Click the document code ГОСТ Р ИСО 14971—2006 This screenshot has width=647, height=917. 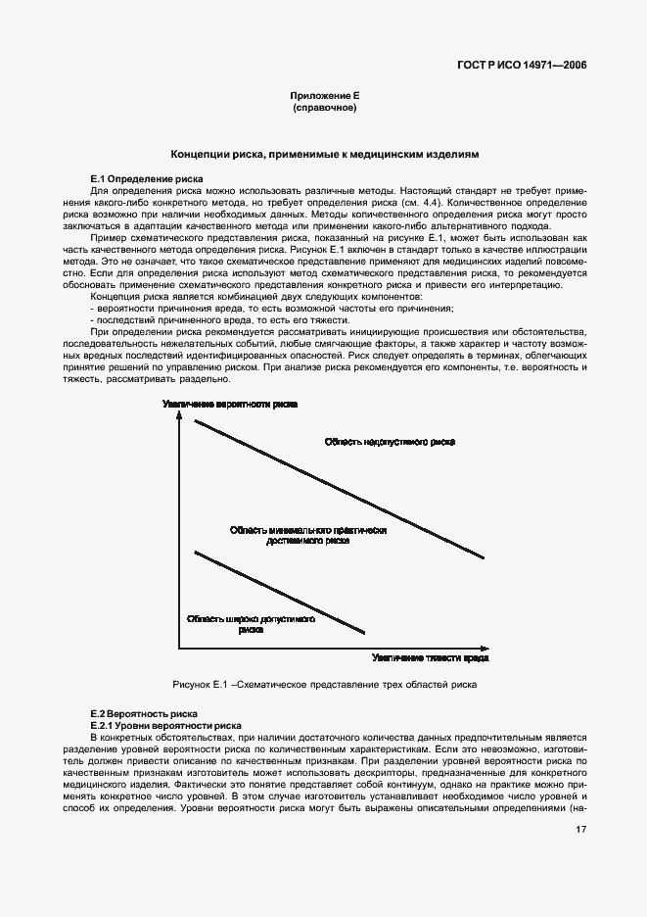tap(529, 66)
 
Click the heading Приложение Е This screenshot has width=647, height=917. tap(324, 95)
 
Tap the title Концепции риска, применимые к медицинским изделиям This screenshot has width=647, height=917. tap(324, 154)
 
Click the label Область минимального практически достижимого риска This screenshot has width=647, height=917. tap(308, 534)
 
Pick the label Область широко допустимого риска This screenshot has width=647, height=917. tap(250, 625)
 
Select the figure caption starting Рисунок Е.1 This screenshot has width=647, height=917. tap(324, 684)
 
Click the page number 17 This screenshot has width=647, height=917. tap(580, 857)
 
